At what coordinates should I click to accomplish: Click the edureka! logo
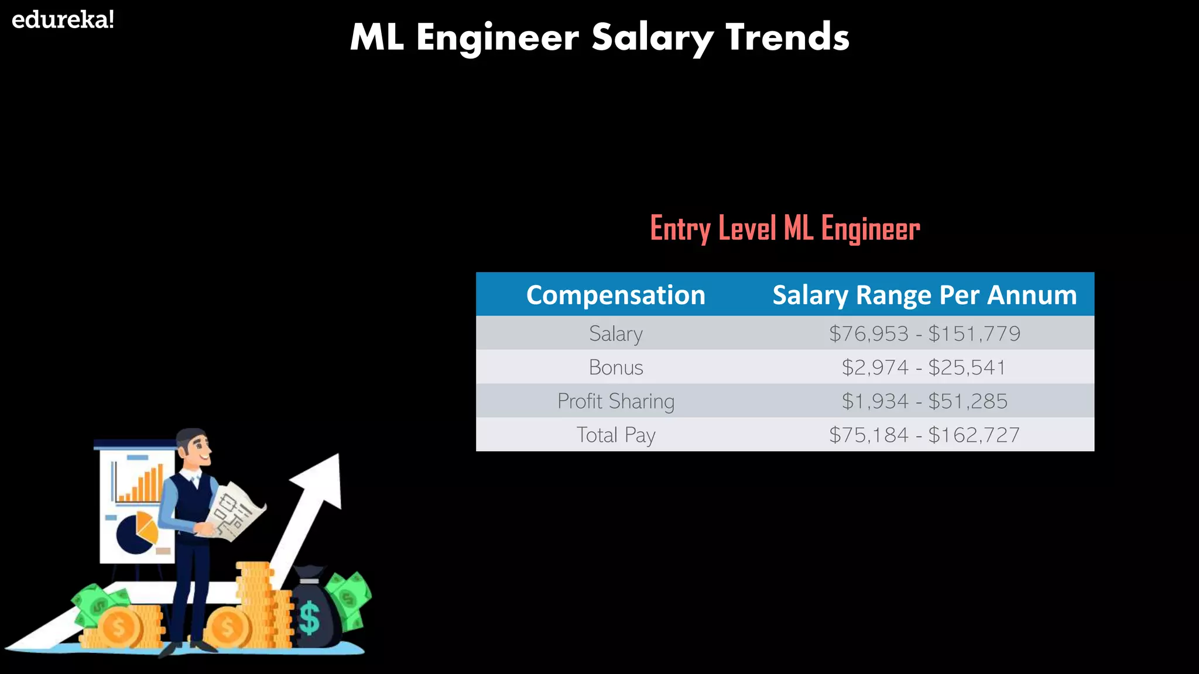(63, 20)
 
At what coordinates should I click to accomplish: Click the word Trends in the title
(787, 37)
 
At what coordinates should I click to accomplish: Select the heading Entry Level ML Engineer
(785, 228)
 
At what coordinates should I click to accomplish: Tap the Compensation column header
(615, 295)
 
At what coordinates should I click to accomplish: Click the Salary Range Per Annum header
(924, 295)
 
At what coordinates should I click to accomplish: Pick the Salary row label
(615, 333)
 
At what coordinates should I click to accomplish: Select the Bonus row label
(615, 367)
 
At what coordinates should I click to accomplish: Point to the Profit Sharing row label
(615, 401)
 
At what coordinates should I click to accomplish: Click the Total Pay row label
(615, 435)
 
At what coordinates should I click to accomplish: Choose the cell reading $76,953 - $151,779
(924, 333)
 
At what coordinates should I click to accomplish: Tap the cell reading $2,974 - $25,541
(924, 367)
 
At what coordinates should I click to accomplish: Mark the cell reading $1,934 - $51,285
(924, 401)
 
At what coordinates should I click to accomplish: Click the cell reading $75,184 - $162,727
(924, 435)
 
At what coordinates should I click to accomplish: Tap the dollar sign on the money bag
(309, 617)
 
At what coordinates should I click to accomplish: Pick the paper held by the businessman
(234, 510)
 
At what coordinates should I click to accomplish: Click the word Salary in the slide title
(652, 37)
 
